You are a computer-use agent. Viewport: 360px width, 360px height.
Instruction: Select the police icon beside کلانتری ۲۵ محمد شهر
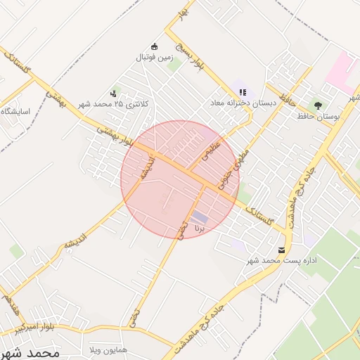113,94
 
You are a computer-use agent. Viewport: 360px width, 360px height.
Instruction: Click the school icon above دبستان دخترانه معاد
243,92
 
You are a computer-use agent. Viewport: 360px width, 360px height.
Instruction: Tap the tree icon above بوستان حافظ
319,105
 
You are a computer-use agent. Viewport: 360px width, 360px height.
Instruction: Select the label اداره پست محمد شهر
281,261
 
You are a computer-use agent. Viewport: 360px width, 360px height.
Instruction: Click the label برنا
200,229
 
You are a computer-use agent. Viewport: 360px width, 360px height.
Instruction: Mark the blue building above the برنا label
200,217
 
